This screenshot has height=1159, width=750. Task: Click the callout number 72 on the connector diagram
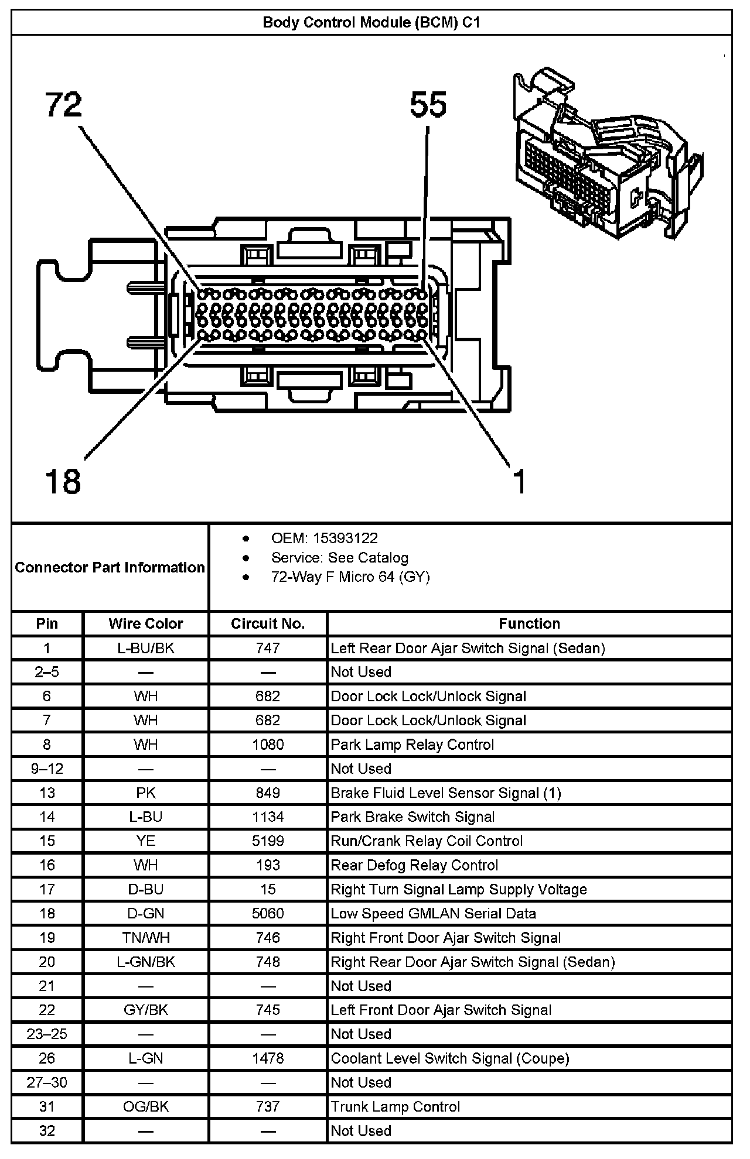(64, 105)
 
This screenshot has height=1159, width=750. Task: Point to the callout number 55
(428, 105)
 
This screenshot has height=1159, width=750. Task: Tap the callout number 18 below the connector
(63, 481)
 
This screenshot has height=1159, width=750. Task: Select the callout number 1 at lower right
(519, 481)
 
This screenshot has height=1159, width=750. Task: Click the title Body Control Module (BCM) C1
(371, 23)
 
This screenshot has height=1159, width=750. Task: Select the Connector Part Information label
(110, 567)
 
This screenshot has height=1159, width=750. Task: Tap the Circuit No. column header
(268, 623)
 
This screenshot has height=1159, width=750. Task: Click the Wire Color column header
(146, 623)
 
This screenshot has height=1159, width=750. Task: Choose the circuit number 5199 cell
(268, 841)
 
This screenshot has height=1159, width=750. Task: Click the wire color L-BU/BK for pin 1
(146, 648)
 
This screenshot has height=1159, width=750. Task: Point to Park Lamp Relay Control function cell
(412, 745)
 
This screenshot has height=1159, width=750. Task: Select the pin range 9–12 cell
(47, 769)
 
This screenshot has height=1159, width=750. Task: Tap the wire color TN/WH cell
(146, 938)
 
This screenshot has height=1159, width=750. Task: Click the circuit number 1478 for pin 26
(268, 1058)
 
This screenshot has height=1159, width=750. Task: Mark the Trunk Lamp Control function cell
(396, 1106)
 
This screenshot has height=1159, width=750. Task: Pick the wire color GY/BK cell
(146, 1010)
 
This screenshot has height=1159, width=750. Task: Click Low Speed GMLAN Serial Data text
(433, 913)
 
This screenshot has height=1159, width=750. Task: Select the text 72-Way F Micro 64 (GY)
(350, 577)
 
